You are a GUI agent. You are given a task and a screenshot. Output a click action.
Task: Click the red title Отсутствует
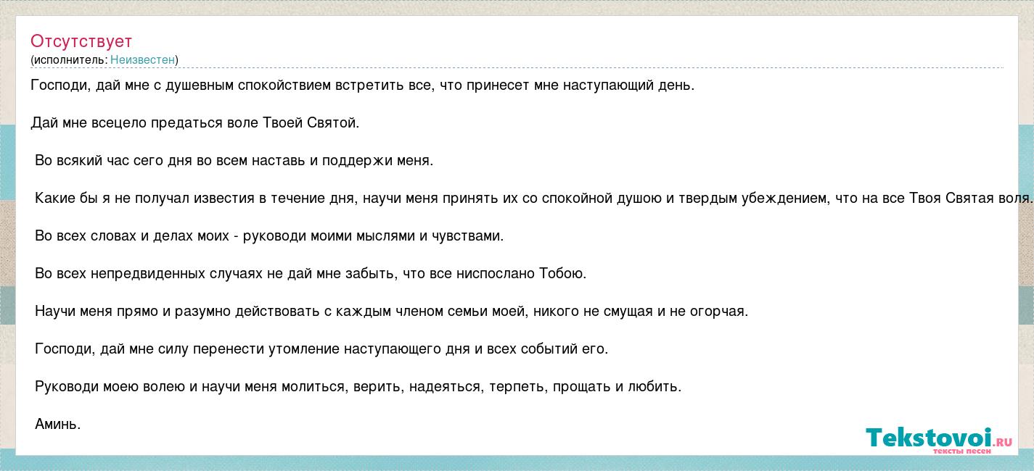[81, 41]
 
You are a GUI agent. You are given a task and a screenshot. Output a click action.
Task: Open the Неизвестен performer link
[143, 60]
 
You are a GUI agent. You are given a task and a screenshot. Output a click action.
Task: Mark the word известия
[224, 198]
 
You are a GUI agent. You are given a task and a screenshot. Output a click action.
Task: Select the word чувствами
[467, 236]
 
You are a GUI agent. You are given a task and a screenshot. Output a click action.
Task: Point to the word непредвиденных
[148, 274]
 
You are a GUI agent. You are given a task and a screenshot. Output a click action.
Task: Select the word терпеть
[518, 387]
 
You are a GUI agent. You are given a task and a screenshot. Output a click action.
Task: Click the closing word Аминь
[58, 424]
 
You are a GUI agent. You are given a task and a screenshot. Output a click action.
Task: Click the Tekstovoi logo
[939, 439]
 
